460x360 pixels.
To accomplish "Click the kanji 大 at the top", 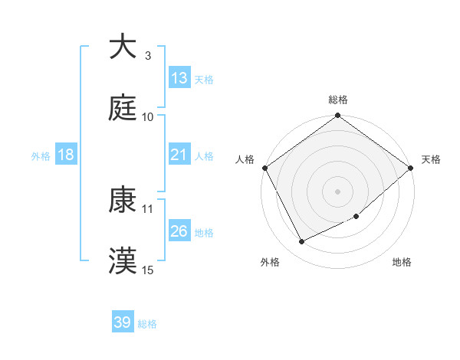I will [123, 47].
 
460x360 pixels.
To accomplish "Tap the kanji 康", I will [123, 200].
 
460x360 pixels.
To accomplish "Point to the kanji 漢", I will [123, 261].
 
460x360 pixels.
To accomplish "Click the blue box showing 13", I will [179, 78].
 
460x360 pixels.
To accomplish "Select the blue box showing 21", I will [179, 155].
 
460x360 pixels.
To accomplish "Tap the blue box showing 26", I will [179, 231].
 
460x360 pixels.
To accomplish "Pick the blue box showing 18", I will [66, 155].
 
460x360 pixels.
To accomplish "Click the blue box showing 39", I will [123, 322].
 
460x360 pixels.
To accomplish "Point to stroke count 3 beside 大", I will [148, 56].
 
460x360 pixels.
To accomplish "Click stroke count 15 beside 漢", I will [148, 270].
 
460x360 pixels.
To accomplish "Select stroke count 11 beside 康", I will [148, 208].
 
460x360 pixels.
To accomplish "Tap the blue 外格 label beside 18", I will [41, 155].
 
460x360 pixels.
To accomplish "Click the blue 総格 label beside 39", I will [147, 324].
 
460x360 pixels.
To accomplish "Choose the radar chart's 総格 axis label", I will [338, 100].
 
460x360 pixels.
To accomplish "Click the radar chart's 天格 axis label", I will [431, 159].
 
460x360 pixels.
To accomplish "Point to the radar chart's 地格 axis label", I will [402, 263].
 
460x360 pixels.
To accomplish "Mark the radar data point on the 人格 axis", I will [264, 168].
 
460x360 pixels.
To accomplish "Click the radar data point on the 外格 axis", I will [301, 242].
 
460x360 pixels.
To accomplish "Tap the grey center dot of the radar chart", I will [338, 191].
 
